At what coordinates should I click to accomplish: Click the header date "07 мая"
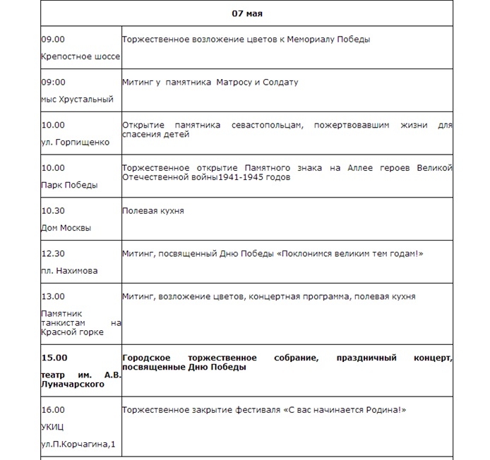247,13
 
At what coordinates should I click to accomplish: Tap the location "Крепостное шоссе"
80,56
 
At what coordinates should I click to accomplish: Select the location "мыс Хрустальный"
77,99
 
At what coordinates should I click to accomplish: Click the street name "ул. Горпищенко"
75,142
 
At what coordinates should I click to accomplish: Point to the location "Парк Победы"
69,185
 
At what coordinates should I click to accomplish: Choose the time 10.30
53,210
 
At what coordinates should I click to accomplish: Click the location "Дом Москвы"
66,228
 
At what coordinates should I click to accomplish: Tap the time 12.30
53,253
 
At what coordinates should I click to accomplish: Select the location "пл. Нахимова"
69,271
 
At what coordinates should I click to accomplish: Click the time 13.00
53,296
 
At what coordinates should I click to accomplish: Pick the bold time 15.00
55,358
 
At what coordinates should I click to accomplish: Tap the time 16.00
53,410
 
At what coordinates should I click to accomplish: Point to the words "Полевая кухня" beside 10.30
153,210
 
